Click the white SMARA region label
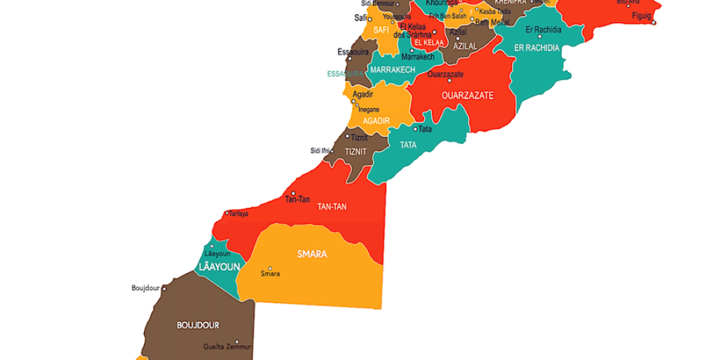point(312,254)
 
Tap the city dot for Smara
point(271,267)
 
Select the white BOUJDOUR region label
point(198,325)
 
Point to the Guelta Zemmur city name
point(228,347)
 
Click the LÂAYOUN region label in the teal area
point(218,267)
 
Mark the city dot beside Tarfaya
point(227,213)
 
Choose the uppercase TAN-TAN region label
point(332,207)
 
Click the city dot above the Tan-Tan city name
point(293,193)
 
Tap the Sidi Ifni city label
point(320,150)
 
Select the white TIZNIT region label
point(356,151)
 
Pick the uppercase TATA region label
point(408,145)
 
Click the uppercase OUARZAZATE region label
point(467,95)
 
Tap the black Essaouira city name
point(354,52)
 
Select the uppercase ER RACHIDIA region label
point(536,48)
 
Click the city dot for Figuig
point(654,23)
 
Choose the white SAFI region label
point(381,30)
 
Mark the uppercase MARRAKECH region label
point(392,70)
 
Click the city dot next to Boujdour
point(164,289)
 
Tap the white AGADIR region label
point(376,121)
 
